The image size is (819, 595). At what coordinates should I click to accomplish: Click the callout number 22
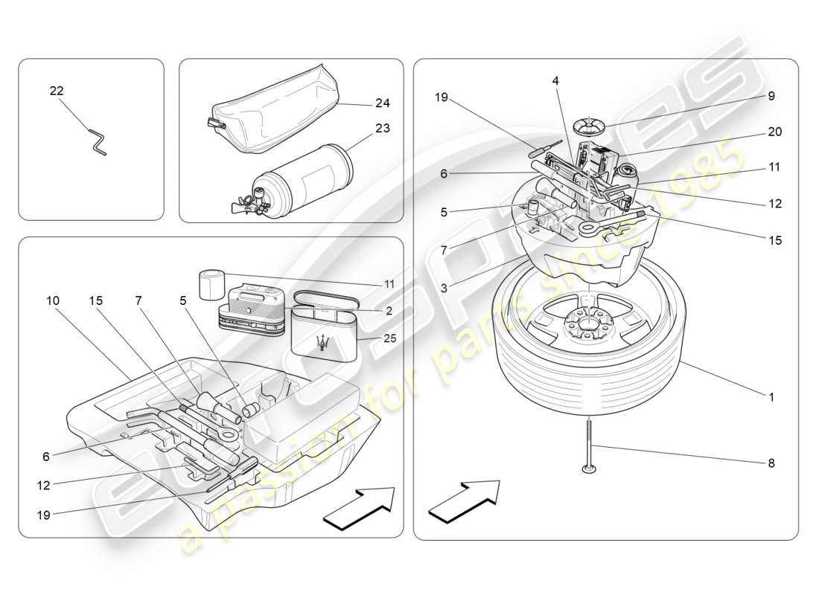tap(57, 91)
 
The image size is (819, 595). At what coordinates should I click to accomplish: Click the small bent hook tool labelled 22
tap(97, 142)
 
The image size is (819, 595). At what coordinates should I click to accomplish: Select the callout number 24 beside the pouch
tap(383, 103)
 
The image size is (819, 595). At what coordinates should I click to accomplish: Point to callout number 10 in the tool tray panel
tap(53, 300)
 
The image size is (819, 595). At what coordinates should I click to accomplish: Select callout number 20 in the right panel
tap(774, 132)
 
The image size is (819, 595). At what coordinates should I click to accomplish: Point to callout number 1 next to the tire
tap(771, 397)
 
